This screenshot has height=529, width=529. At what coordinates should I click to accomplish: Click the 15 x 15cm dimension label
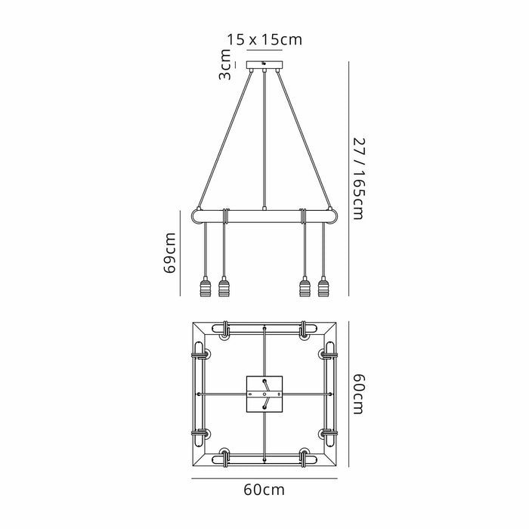(264, 40)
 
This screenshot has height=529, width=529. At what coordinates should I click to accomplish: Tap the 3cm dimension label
(225, 64)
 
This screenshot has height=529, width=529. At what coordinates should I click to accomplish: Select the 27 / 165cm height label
(358, 178)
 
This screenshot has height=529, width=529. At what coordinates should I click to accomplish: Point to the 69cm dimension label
(169, 252)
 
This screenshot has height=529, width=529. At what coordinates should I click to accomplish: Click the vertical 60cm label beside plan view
(358, 394)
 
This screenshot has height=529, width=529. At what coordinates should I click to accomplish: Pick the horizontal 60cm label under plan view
(264, 490)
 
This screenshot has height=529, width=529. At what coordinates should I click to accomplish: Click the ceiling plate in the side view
(264, 65)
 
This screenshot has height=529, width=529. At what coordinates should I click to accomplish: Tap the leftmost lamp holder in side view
(205, 286)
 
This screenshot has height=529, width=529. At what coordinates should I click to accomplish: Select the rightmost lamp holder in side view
(323, 286)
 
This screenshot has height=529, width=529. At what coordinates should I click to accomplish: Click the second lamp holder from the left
(224, 286)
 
